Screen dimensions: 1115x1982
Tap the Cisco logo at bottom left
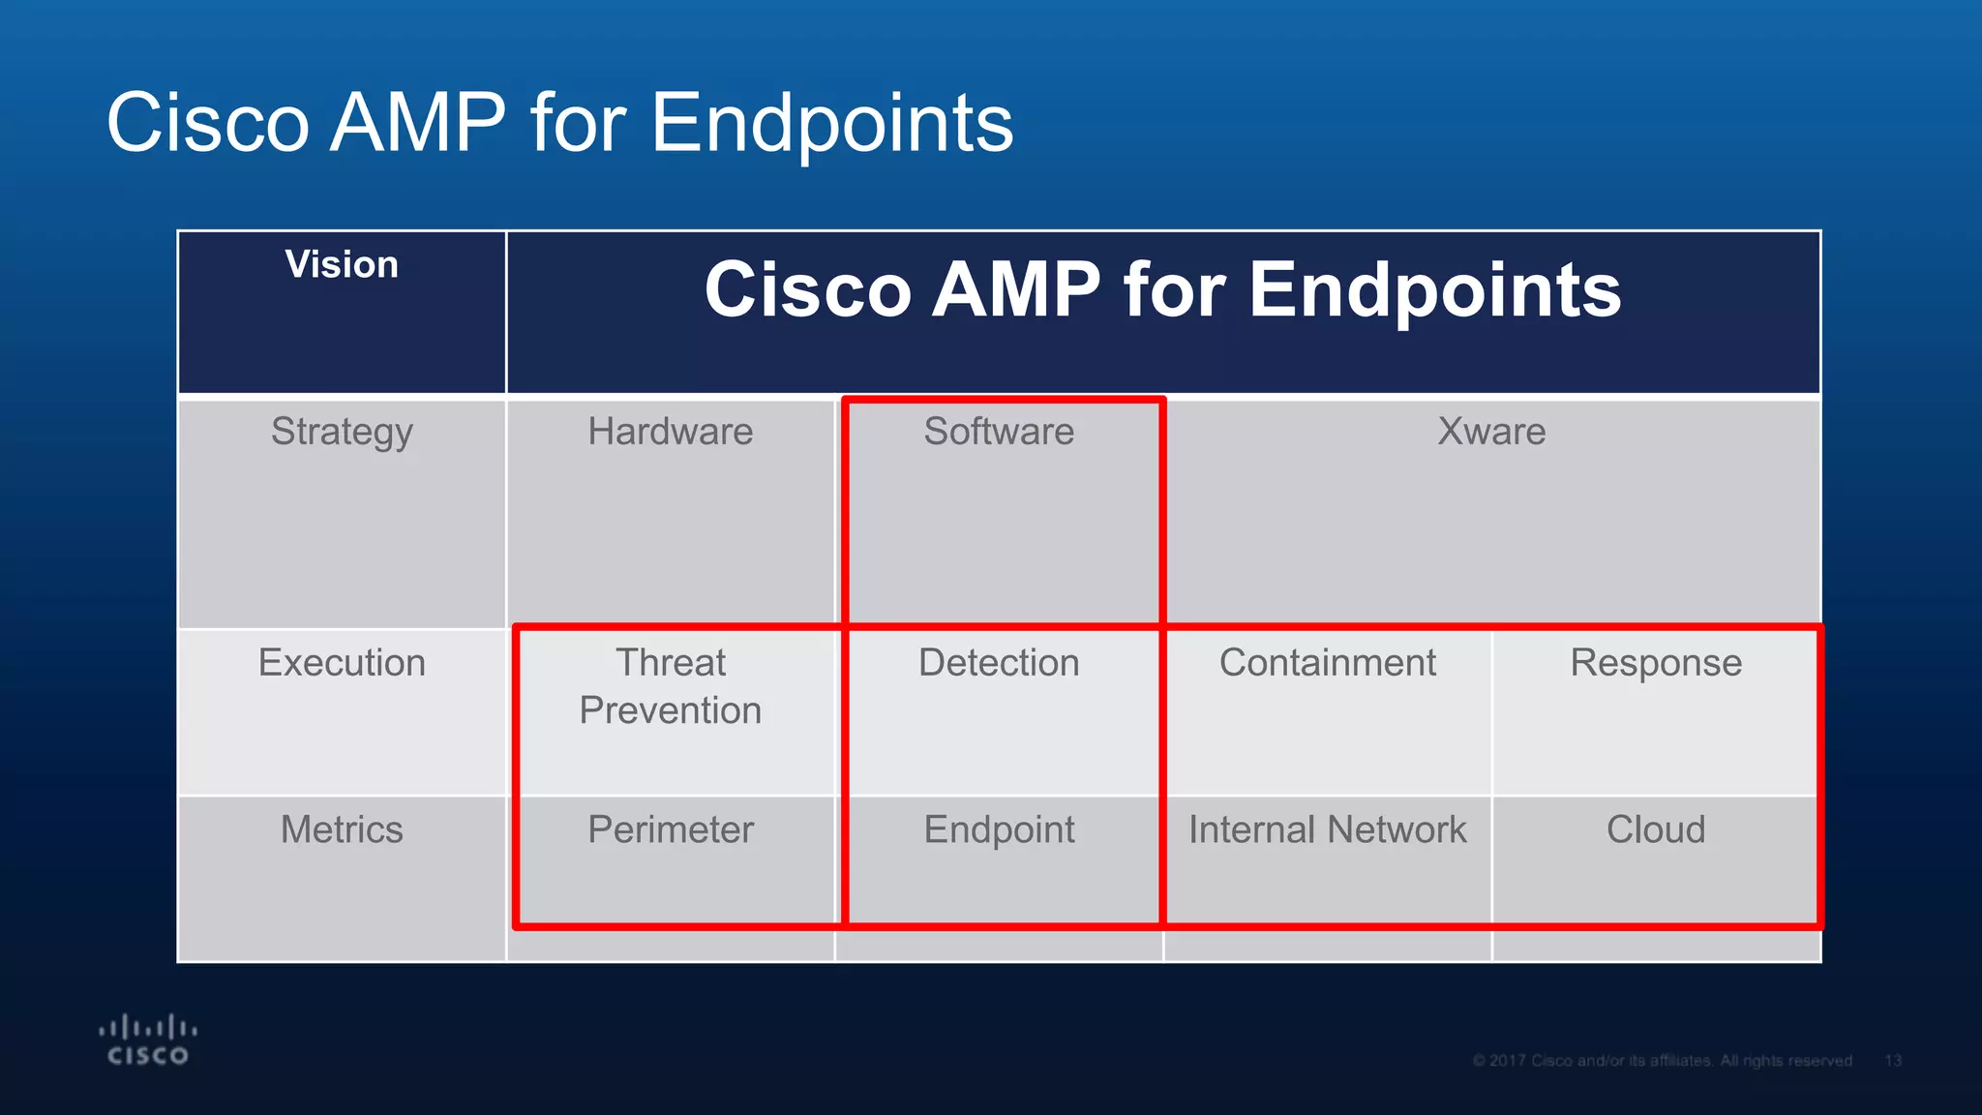point(148,1040)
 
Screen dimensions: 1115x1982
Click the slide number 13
point(1892,1061)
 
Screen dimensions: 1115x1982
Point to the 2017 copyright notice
point(1662,1061)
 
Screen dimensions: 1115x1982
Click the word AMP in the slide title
point(417,123)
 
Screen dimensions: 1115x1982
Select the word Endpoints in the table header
point(1434,289)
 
